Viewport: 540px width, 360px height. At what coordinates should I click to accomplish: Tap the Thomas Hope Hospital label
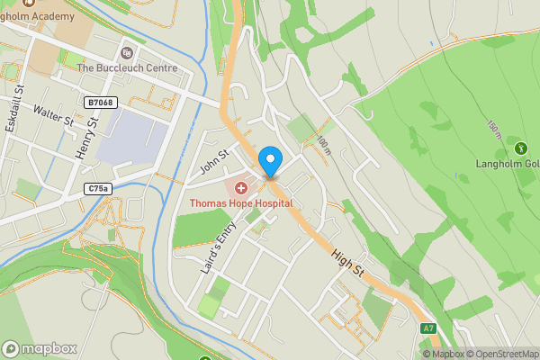point(241,203)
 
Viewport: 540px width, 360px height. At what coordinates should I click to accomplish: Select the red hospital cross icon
point(241,189)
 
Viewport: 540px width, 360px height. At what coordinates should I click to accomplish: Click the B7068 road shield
point(101,103)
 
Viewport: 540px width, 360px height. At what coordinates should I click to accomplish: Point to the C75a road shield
point(100,188)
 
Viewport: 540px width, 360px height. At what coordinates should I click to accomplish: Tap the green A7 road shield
point(427,329)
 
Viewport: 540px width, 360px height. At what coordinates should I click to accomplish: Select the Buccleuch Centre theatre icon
point(126,52)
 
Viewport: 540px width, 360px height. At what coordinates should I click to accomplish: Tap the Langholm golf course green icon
point(519,148)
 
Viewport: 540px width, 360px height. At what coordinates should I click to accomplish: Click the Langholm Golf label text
point(508,165)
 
